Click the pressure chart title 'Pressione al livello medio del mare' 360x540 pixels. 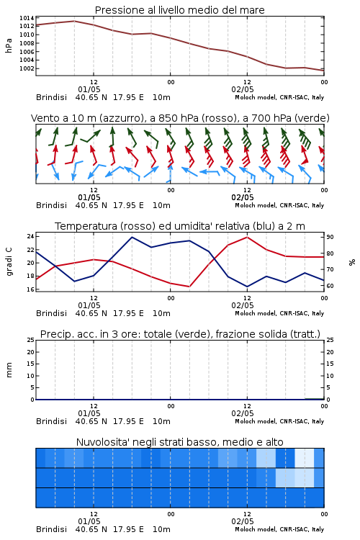click(x=179, y=10)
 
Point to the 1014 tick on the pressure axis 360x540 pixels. click(x=27, y=18)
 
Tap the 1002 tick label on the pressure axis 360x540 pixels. click(x=27, y=68)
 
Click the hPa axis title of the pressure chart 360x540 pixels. click(x=9, y=45)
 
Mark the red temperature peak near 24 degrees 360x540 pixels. click(x=247, y=237)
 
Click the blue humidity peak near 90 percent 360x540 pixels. click(x=132, y=237)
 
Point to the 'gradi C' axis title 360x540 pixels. click(x=9, y=262)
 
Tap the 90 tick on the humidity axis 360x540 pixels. click(x=330, y=237)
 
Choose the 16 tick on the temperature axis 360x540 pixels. click(x=30, y=289)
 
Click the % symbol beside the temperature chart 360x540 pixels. click(x=352, y=262)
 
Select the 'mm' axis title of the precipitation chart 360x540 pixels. click(x=9, y=370)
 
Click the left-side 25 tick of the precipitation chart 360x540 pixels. click(x=30, y=340)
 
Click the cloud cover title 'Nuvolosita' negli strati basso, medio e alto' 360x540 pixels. click(x=179, y=442)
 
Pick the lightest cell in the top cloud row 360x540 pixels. click(x=305, y=458)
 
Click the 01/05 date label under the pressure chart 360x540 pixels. click(x=89, y=89)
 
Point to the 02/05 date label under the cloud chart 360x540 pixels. click(x=243, y=521)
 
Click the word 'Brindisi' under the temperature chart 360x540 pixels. click(x=51, y=313)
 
